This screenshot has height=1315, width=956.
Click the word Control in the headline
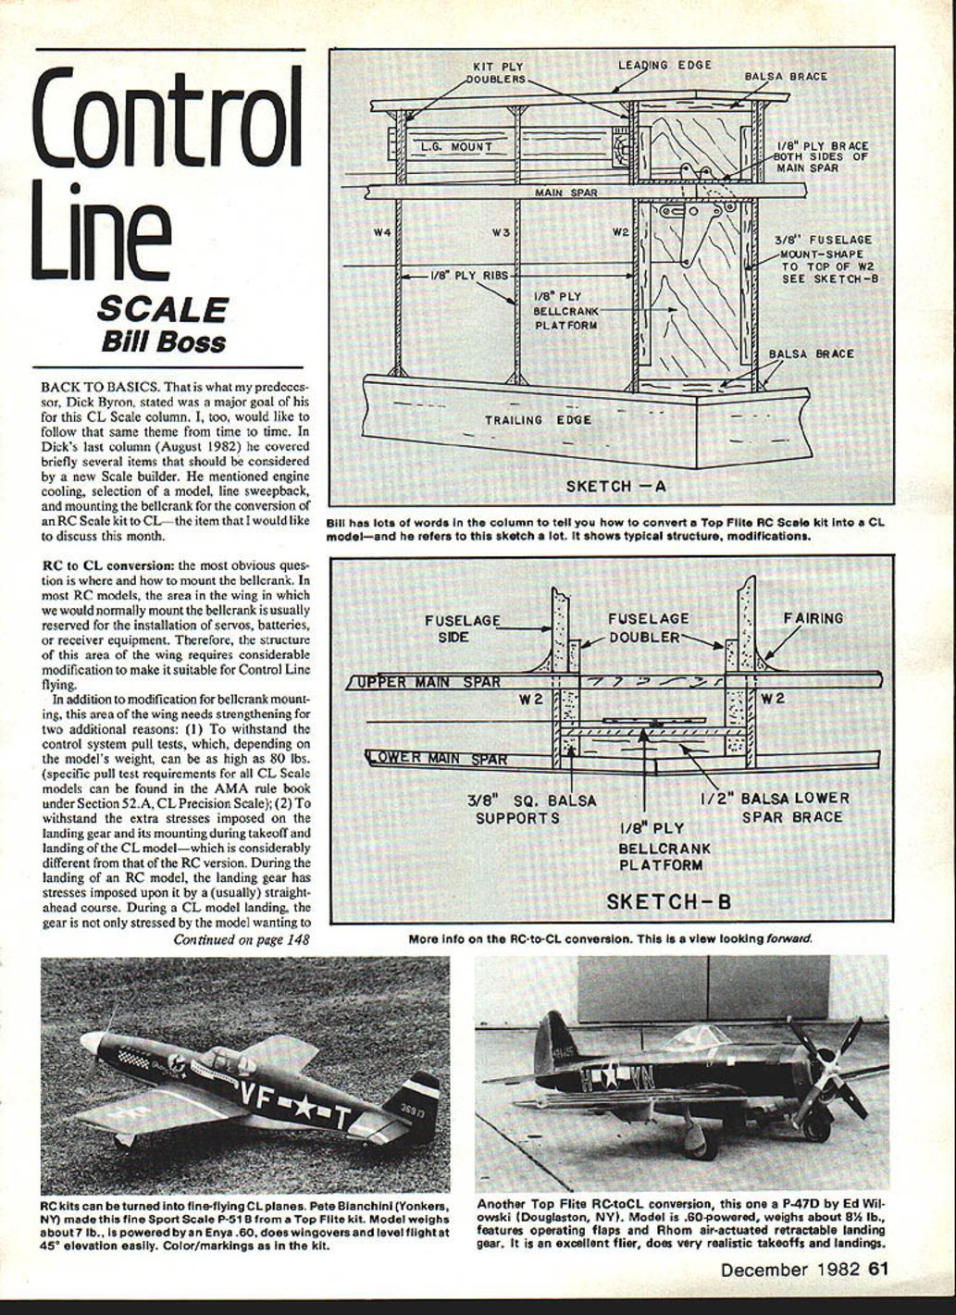167,120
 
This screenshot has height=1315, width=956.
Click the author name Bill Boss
163,341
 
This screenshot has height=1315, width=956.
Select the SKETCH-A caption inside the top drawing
615,485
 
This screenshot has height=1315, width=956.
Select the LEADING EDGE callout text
664,65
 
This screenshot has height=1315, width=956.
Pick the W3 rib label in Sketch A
501,231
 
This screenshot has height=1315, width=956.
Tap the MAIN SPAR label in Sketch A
565,192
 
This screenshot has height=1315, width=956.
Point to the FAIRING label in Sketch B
813,617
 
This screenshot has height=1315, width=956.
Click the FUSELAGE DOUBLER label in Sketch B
648,627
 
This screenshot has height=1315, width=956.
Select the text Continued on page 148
241,940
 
